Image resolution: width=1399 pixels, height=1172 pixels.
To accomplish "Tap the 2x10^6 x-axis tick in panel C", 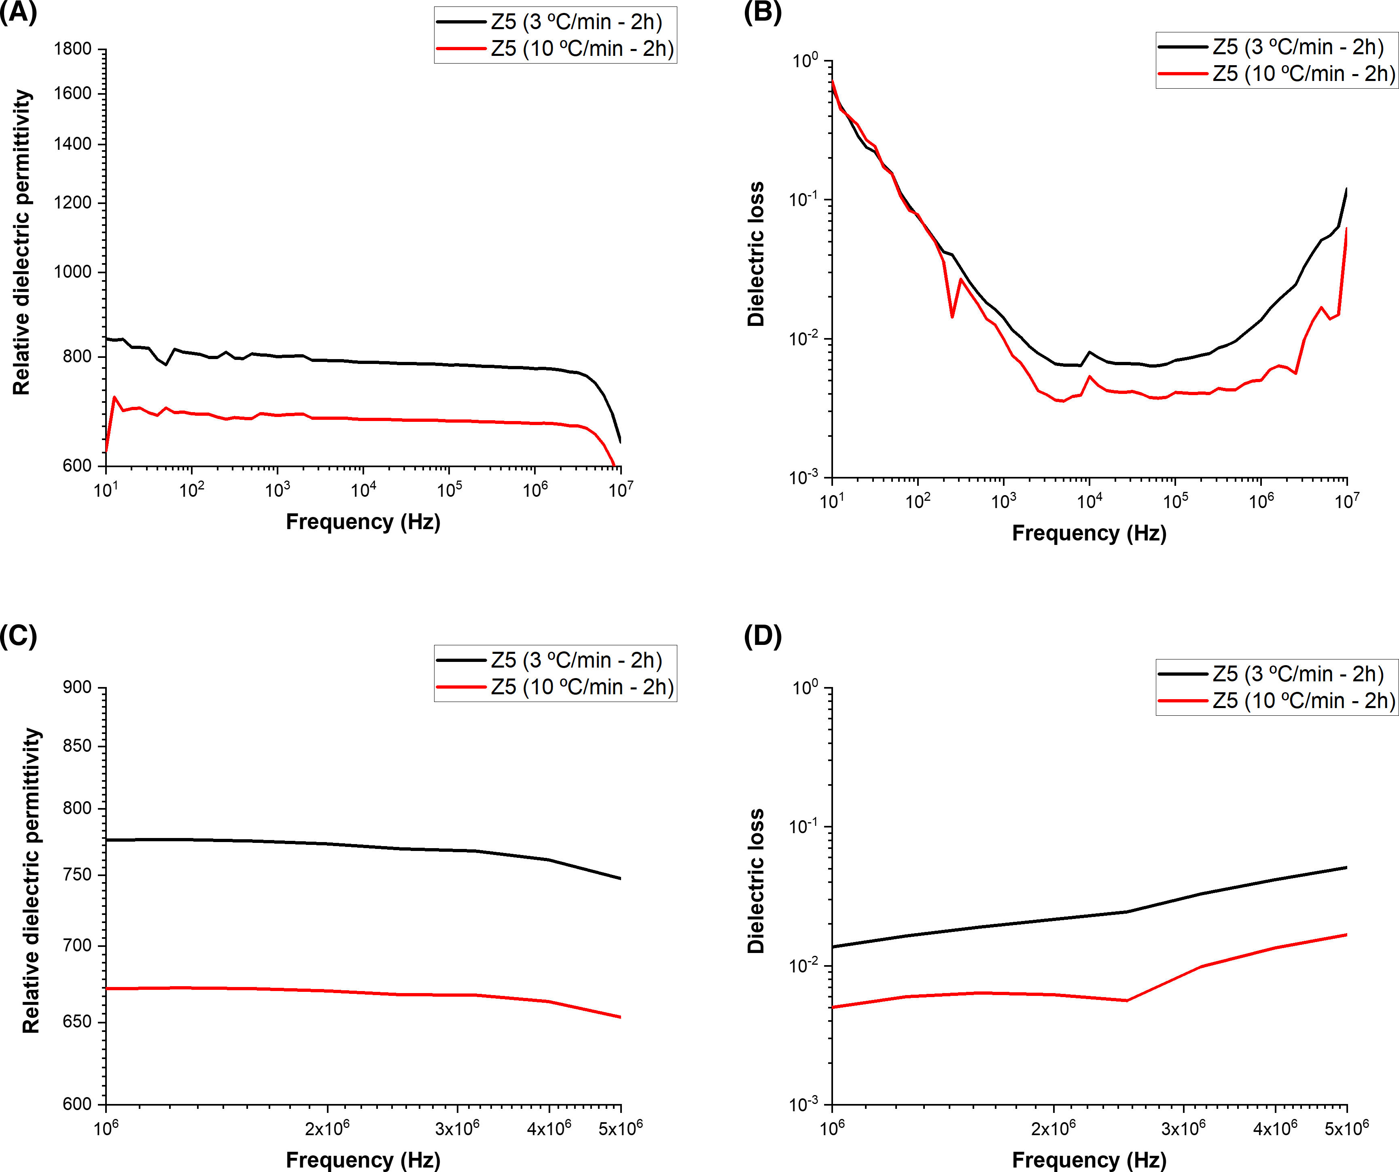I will point(327,1129).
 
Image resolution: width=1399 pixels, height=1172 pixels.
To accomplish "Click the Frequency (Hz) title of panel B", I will point(1089,533).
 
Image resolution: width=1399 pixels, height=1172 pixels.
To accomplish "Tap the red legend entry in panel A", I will point(582,49).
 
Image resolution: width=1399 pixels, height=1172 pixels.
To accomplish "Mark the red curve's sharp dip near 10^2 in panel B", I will point(952,317).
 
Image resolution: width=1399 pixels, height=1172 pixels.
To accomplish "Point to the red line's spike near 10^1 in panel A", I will point(114,397).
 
